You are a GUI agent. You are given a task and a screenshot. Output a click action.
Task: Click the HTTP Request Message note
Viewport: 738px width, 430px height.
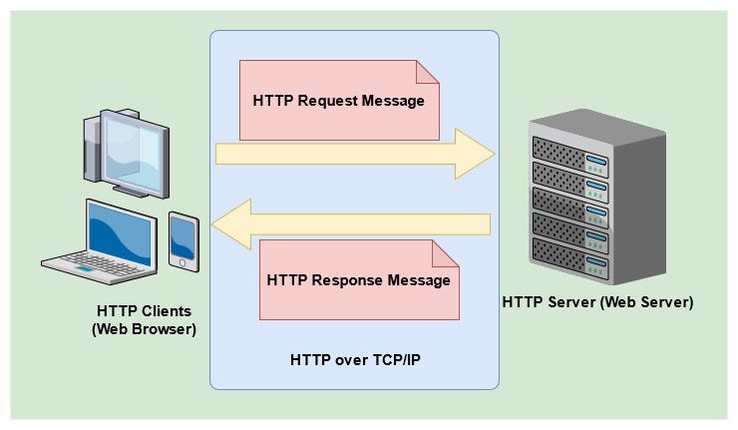pyautogui.click(x=339, y=100)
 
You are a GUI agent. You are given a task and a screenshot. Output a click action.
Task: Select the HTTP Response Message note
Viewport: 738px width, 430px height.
pyautogui.click(x=359, y=280)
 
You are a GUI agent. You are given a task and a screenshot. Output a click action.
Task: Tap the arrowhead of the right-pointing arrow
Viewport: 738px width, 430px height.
pyautogui.click(x=476, y=153)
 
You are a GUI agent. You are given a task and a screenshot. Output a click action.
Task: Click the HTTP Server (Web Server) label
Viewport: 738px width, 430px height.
pyautogui.click(x=597, y=301)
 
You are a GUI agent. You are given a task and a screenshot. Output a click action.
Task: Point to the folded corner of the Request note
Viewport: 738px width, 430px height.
pyautogui.click(x=429, y=72)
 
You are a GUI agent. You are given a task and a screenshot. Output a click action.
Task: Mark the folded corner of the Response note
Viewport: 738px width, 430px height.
pyautogui.click(x=449, y=251)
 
